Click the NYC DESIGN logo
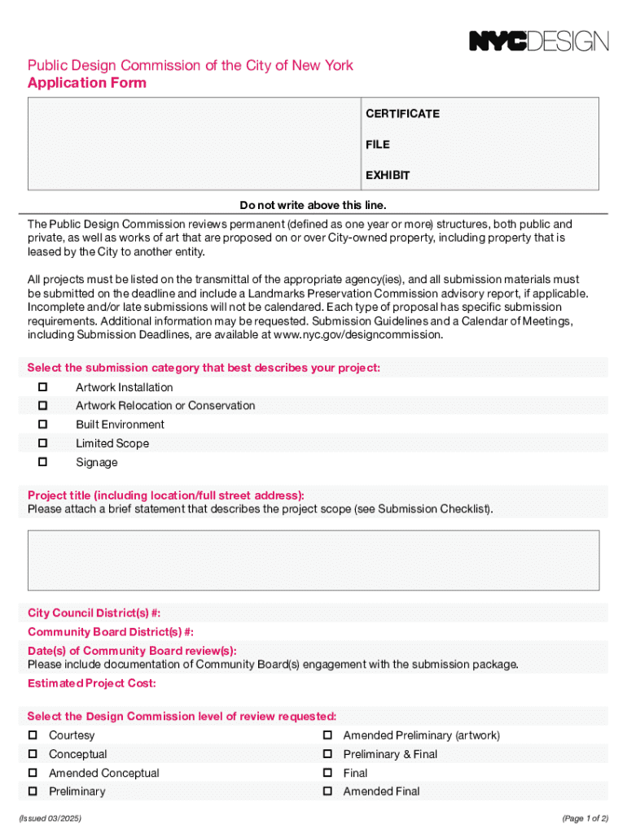click(538, 41)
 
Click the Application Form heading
click(87, 83)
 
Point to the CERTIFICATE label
click(402, 114)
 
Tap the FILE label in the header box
click(377, 145)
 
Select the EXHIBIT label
click(388, 176)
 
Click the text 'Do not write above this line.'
click(313, 204)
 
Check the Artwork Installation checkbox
click(43, 387)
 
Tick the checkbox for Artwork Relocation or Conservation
click(43, 405)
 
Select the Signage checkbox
click(43, 462)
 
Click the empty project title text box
click(313, 560)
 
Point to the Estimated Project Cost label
click(91, 683)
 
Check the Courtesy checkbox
click(33, 735)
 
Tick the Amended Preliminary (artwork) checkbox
click(327, 735)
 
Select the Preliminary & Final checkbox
click(327, 754)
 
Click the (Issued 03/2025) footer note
click(55, 817)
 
